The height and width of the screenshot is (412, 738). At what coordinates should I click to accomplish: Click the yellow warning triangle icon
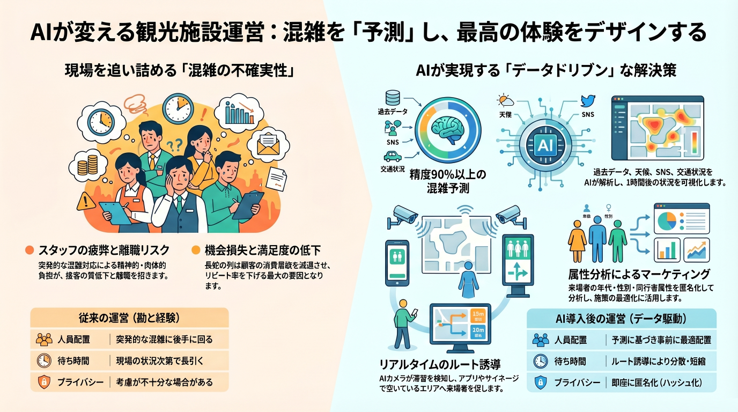[86, 201]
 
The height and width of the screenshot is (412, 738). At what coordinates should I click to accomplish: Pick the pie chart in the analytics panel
[666, 219]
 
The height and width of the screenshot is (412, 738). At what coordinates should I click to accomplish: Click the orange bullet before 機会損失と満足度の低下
[196, 249]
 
